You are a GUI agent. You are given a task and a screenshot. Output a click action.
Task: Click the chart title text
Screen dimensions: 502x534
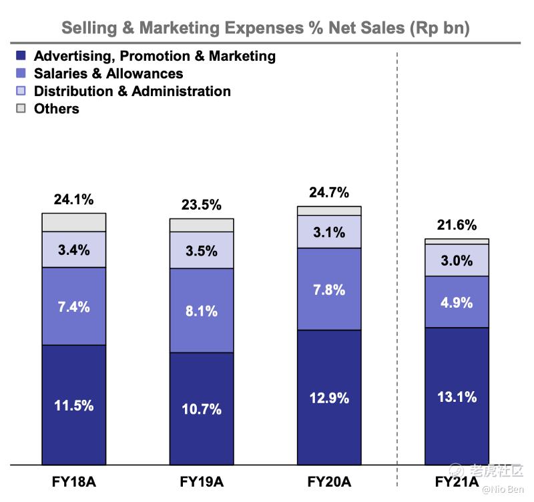(x=266, y=28)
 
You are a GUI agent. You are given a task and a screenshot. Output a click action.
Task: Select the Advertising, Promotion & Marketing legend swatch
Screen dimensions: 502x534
(x=21, y=56)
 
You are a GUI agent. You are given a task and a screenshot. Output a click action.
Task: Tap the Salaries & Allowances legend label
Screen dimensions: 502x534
(x=108, y=73)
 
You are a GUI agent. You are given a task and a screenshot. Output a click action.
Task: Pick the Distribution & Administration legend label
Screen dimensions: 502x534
(x=132, y=91)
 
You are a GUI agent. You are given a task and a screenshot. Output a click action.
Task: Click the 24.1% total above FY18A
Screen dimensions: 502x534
(x=73, y=200)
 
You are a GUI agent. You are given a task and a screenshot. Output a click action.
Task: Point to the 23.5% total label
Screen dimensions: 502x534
(x=201, y=205)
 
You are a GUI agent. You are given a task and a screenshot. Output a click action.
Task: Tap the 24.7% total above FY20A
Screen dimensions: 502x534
(x=329, y=193)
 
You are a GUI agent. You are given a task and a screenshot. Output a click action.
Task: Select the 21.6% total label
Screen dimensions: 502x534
(x=457, y=226)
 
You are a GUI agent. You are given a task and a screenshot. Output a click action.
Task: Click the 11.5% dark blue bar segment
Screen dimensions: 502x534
(x=73, y=405)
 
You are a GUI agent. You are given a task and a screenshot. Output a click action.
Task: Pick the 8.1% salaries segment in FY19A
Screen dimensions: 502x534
(x=201, y=310)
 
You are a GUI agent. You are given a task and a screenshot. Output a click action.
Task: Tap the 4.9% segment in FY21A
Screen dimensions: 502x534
(x=457, y=302)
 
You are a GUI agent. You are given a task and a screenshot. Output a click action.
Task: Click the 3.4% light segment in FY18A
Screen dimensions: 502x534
(x=73, y=250)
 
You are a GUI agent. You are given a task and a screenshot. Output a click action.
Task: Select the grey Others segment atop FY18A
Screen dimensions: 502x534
(x=73, y=222)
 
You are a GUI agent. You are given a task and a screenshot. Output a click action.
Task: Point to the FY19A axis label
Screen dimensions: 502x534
(x=201, y=481)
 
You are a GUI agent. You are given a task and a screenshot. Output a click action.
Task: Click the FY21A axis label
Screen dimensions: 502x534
(x=457, y=481)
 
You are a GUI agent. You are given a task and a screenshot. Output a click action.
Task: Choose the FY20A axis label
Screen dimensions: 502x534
(x=329, y=481)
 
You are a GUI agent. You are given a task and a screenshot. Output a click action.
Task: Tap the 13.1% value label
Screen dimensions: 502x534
(x=457, y=397)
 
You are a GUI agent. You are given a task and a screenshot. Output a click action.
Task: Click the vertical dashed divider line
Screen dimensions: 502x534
(x=397, y=267)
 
